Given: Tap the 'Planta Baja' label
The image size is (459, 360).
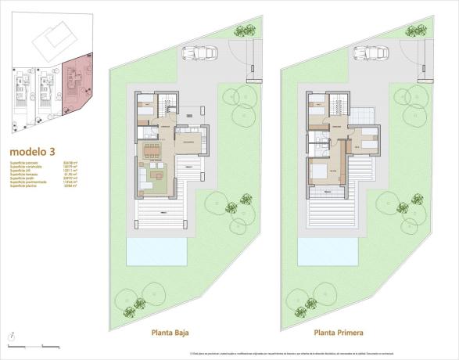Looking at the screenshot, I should coord(174,331).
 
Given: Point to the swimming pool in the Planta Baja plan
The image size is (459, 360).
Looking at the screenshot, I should coord(156,252).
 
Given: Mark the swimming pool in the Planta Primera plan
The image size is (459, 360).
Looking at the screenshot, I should coord(328,252).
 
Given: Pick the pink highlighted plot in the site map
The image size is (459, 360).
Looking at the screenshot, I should coord(78,86).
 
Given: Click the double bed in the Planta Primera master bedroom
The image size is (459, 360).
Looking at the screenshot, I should coord(320,171).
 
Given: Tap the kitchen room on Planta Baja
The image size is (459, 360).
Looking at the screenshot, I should coord(188,142).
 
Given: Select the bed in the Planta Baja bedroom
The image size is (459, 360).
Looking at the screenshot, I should coord(146,110).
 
